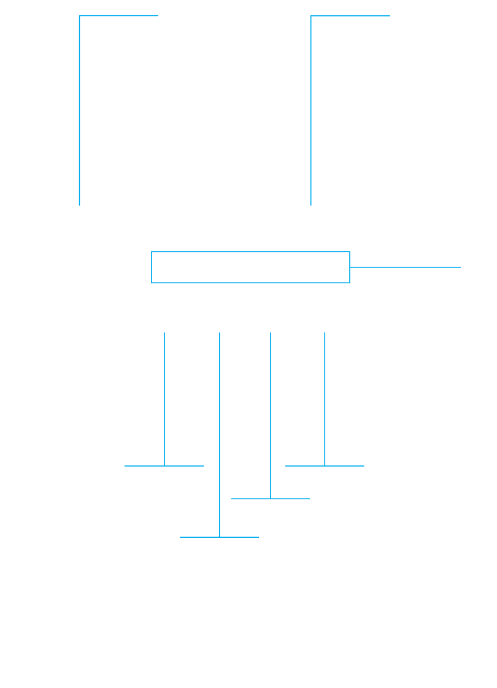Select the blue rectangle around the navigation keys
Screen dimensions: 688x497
point(250,252)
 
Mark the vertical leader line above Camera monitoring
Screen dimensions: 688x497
point(164,399)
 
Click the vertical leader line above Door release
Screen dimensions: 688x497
point(325,399)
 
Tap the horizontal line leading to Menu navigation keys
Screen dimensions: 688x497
point(405,267)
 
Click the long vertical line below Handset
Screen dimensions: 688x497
point(80,110)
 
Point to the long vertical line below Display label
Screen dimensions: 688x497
point(310,110)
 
